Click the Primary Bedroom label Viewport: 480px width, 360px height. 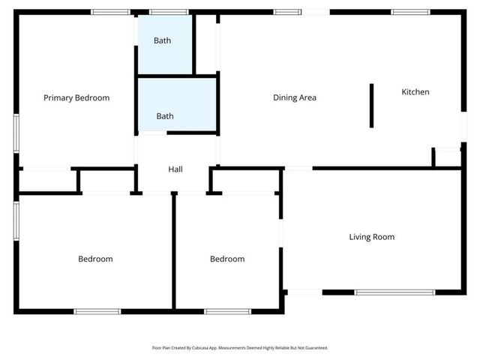point(76,97)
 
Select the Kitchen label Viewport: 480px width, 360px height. point(415,92)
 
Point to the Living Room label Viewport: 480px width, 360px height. point(371,237)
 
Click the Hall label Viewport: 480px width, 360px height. point(175,169)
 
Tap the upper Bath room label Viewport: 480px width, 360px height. point(163,40)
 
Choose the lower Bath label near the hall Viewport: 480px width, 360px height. point(165,116)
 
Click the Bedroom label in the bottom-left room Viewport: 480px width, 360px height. point(95,259)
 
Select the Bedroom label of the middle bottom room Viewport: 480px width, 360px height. point(226,259)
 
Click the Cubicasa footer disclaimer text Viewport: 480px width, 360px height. point(240,348)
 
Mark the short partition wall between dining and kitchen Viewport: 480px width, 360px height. point(371,106)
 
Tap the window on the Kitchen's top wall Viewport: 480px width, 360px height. point(410,12)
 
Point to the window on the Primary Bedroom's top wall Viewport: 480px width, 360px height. point(110,12)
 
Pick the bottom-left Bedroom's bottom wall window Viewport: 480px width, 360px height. point(97,311)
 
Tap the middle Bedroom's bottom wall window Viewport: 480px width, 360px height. point(228,311)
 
